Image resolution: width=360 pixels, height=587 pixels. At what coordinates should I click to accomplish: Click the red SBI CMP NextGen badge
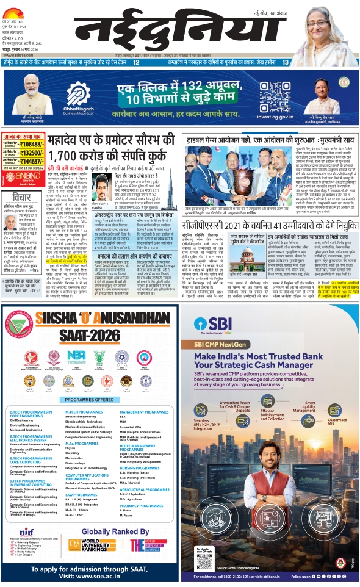pyautogui.click(x=223, y=345)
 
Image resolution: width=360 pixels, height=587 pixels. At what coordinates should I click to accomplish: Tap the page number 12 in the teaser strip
pyautogui.click(x=136, y=62)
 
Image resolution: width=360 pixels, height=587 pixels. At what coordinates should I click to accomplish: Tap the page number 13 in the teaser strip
pyautogui.click(x=285, y=62)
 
